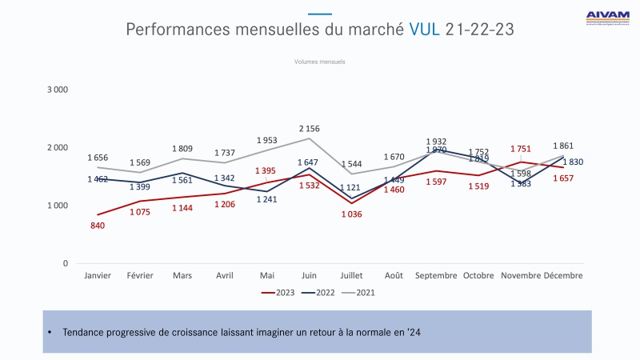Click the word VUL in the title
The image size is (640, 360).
coord(424,30)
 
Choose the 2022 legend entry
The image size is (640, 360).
coord(319,293)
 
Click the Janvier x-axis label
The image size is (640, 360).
coord(98,275)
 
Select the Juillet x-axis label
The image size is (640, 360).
coord(352,275)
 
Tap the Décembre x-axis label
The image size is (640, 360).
coord(563,275)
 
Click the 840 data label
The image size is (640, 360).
coord(98,226)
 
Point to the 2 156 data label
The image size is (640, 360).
coord(310,129)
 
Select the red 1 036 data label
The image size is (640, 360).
coord(352,214)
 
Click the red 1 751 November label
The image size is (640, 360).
coord(522,148)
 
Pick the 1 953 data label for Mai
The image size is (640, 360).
coord(267,140)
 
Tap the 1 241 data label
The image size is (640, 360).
coord(267,200)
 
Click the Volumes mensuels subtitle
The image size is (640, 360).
coord(320,62)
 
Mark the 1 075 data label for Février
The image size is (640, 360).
coord(140,212)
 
